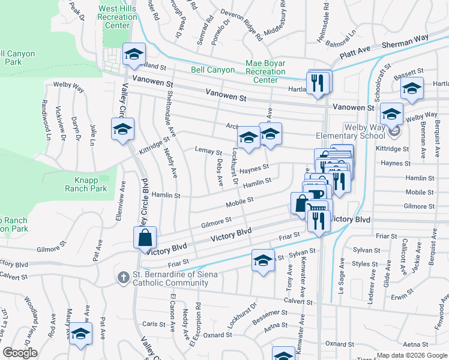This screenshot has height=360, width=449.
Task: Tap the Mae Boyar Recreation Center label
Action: pyautogui.click(x=265, y=71)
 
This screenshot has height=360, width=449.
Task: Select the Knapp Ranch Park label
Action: pyautogui.click(x=86, y=184)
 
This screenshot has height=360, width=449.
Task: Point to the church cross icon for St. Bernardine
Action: pyautogui.click(x=122, y=277)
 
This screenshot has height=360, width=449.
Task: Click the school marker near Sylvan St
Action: pyautogui.click(x=263, y=260)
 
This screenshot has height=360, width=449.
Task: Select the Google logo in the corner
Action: pyautogui.click(x=20, y=353)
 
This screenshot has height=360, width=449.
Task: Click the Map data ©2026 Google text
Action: pyautogui.click(x=411, y=355)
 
